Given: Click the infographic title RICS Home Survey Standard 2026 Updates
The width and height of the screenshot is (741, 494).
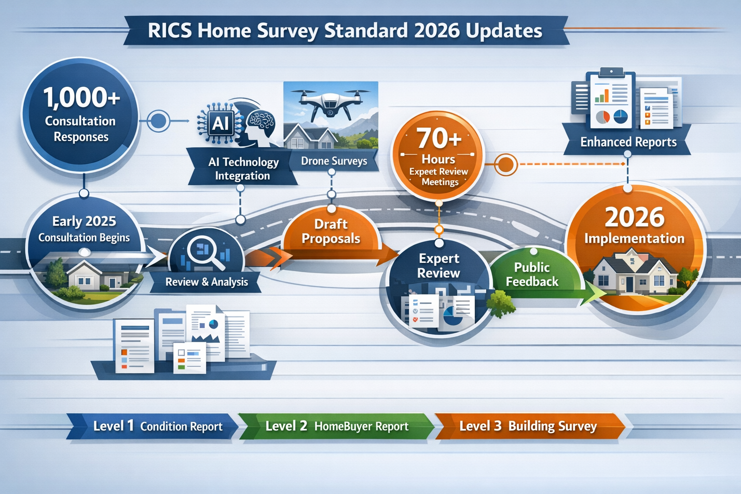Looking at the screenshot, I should pyautogui.click(x=345, y=31).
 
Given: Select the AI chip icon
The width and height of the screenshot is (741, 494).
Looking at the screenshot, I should pyautogui.click(x=220, y=123).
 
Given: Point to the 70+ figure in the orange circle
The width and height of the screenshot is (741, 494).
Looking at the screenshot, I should pyautogui.click(x=439, y=138).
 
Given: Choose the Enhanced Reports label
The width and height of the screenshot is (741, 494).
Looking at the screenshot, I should pyautogui.click(x=628, y=142).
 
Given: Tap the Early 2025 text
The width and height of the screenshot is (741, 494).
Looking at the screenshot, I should pyautogui.click(x=84, y=221).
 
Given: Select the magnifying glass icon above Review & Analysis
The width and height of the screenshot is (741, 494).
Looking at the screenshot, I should pyautogui.click(x=204, y=252).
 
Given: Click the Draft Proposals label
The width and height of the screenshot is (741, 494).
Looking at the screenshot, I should pyautogui.click(x=331, y=232).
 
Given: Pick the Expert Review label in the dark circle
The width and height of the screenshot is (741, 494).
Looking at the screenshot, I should pyautogui.click(x=438, y=266).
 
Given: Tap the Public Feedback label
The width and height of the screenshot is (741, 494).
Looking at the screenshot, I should pyautogui.click(x=532, y=274).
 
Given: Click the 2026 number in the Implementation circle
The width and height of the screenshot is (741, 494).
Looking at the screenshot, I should pyautogui.click(x=634, y=218).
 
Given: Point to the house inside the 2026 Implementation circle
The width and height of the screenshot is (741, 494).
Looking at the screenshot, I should pyautogui.click(x=631, y=274).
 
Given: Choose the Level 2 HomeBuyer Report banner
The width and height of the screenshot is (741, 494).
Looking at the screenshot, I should pyautogui.click(x=336, y=426).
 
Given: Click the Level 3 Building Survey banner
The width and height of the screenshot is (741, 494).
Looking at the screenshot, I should pyautogui.click(x=528, y=426).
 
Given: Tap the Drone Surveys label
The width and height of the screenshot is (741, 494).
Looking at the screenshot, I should pyautogui.click(x=334, y=161).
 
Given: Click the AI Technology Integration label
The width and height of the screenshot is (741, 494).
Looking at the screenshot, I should pyautogui.click(x=243, y=169).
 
